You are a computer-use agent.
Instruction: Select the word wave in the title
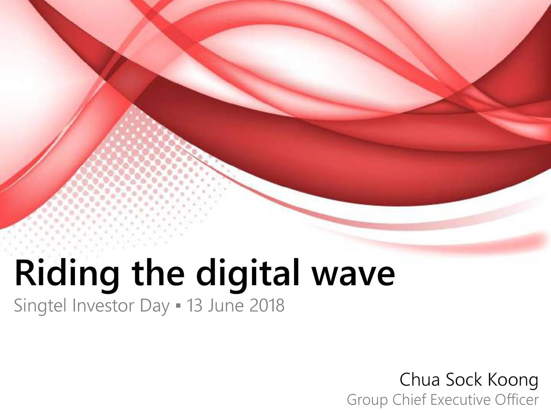(x=353, y=276)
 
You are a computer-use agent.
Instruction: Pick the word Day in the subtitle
(x=155, y=306)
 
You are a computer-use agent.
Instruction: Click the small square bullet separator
(x=179, y=306)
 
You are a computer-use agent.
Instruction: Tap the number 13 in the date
(x=195, y=305)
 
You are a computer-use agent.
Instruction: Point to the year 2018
(x=267, y=305)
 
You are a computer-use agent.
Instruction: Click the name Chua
(x=420, y=379)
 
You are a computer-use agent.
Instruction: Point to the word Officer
(x=517, y=399)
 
